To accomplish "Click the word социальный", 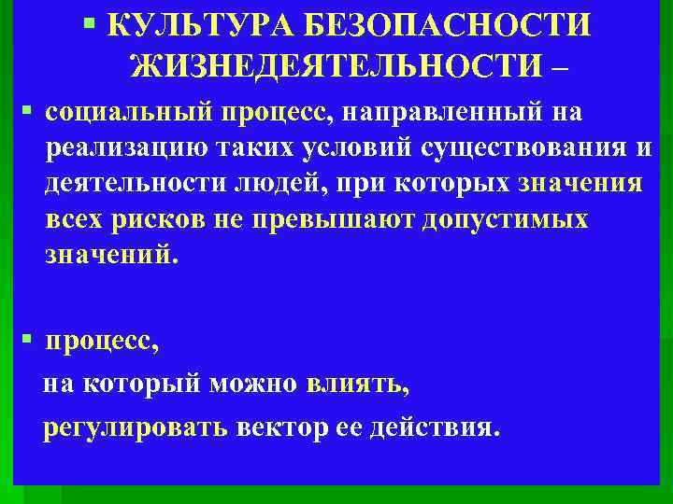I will (x=130, y=113).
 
